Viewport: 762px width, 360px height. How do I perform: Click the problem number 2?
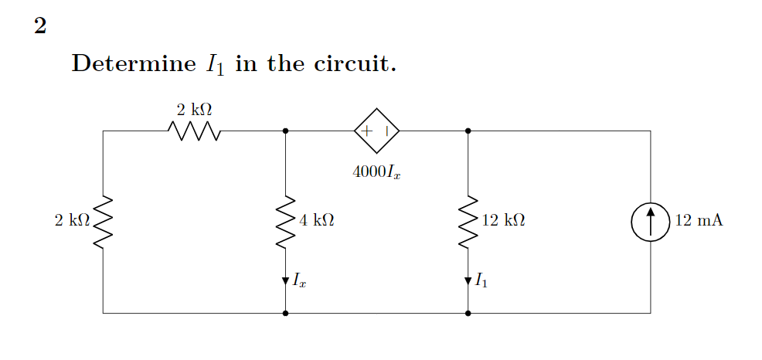(40, 27)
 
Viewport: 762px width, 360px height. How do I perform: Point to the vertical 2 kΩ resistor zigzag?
(103, 222)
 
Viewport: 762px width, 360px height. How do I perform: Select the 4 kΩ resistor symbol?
(286, 222)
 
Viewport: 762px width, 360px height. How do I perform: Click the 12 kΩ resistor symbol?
(468, 222)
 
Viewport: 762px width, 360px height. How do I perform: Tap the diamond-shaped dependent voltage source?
(377, 131)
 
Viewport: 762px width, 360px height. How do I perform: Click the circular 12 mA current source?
(651, 222)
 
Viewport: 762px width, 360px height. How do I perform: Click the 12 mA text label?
(699, 221)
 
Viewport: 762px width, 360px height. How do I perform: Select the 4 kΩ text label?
(316, 221)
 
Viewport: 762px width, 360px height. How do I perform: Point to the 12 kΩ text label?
(503, 221)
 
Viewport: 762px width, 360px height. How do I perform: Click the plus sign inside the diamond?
(367, 131)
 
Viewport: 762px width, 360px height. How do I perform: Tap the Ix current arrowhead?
(286, 280)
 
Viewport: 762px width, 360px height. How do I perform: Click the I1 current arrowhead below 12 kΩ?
(468, 280)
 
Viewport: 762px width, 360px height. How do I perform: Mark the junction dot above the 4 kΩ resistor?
(286, 131)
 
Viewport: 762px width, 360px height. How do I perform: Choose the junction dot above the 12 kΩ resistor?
(468, 131)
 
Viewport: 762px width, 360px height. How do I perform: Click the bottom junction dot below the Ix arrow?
(286, 314)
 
